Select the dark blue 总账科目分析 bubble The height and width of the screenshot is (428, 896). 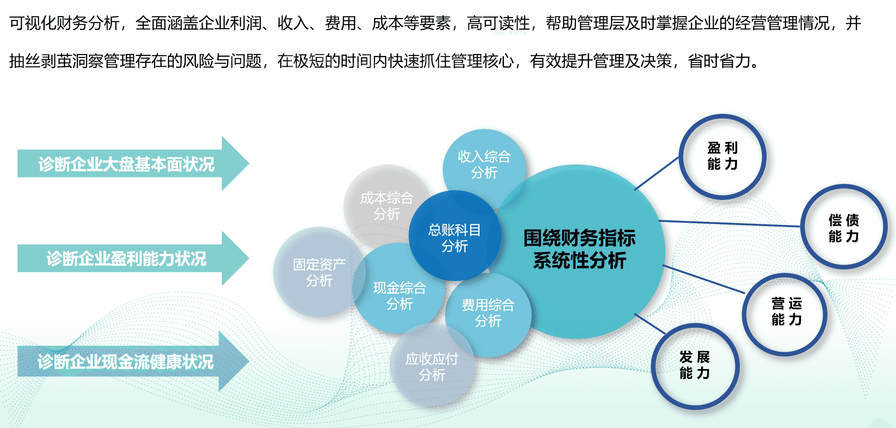(455, 236)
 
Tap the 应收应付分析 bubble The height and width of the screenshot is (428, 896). (432, 366)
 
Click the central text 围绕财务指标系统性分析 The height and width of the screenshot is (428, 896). (579, 249)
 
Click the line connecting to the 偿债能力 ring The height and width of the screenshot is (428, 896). (730, 224)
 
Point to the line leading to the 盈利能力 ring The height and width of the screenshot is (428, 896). (657, 173)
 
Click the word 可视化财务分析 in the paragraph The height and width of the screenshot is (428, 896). (64, 23)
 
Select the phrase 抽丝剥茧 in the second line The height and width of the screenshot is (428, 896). (40, 61)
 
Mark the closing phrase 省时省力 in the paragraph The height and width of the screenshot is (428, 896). (719, 61)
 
